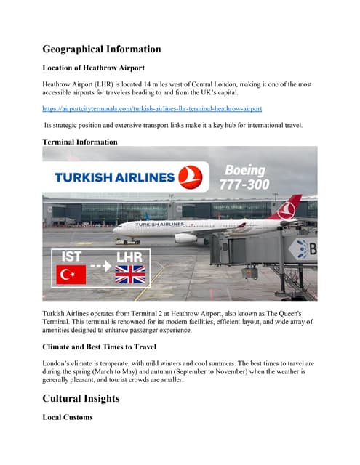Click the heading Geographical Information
[102, 49]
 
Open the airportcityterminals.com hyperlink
[152, 108]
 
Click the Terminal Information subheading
[80, 142]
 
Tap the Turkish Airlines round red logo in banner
[191, 175]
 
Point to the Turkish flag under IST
[71, 275]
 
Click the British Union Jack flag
[130, 275]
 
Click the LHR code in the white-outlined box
[129, 256]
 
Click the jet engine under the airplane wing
[185, 238]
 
